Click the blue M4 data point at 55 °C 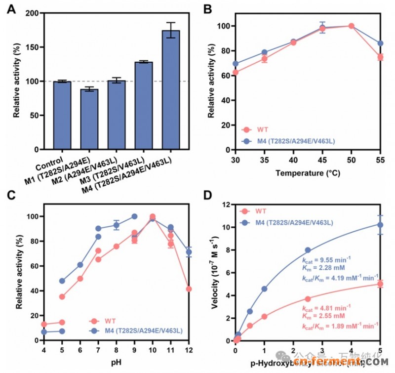pos(380,43)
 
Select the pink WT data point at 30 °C pos(236,72)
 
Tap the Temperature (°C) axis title pos(308,173)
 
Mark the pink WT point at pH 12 pos(188,289)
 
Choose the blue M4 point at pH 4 pos(44,332)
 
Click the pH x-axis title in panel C pos(116,364)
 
